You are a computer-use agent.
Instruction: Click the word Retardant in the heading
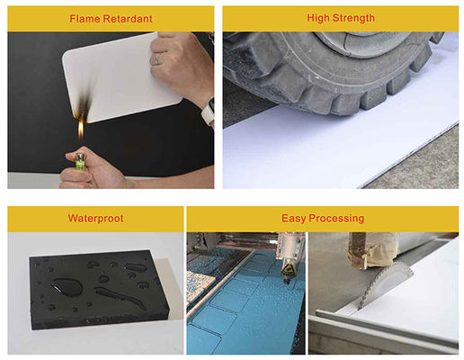128,19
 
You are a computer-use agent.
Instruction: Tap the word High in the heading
318,18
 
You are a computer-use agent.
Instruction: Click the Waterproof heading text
95,219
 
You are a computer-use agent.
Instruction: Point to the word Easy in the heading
293,219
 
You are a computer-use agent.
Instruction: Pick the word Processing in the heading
336,219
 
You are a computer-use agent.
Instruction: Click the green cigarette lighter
80,160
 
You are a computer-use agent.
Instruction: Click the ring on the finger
156,58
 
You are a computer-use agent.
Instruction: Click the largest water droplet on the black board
67,287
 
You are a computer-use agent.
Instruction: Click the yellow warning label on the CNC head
288,268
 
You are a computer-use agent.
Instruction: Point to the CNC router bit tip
287,283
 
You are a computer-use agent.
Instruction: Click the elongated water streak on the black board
119,297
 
